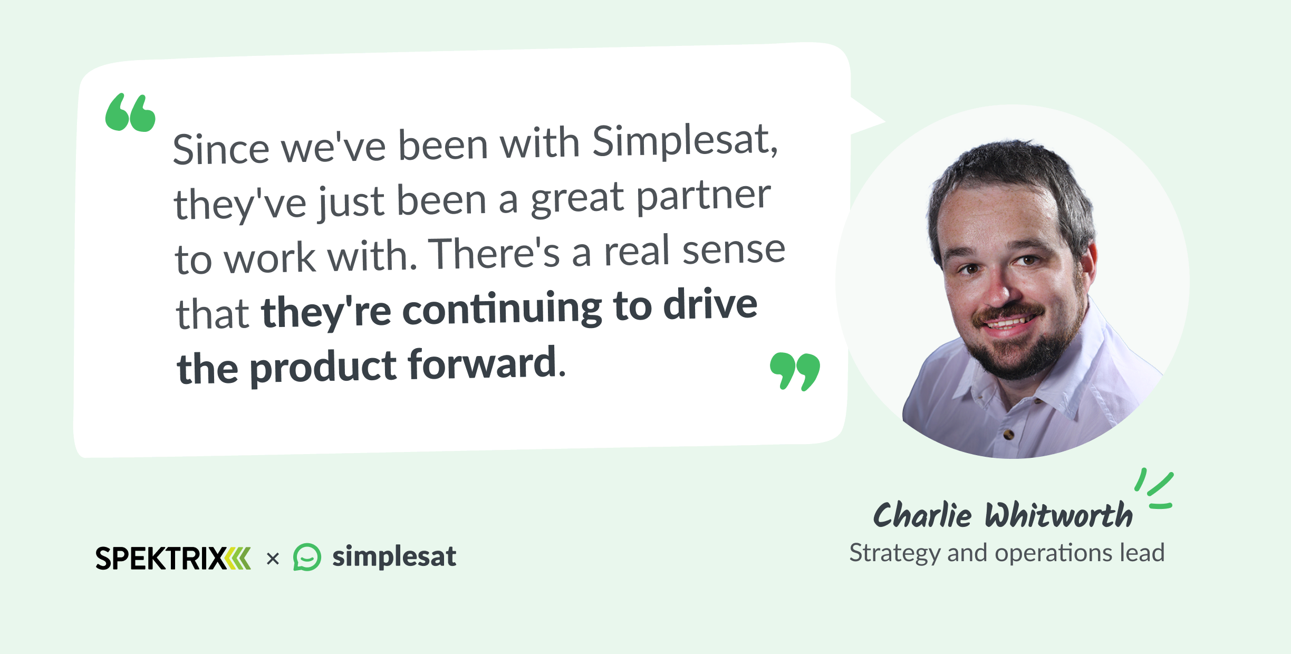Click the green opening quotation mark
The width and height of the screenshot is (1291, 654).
(130, 112)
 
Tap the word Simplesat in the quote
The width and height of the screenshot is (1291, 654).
(685, 141)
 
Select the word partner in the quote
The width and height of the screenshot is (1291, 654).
(704, 197)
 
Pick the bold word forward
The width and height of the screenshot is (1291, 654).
(482, 364)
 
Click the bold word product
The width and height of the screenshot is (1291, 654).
(323, 367)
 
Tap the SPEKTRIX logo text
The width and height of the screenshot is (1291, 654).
(161, 559)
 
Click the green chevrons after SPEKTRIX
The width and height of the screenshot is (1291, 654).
(238, 559)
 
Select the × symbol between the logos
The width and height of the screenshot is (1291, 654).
(273, 559)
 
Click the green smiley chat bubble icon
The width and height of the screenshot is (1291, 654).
(307, 557)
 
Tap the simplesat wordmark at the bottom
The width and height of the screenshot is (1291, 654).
(394, 556)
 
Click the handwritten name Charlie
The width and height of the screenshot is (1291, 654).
(922, 515)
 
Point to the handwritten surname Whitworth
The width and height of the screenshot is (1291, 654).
(1058, 515)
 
